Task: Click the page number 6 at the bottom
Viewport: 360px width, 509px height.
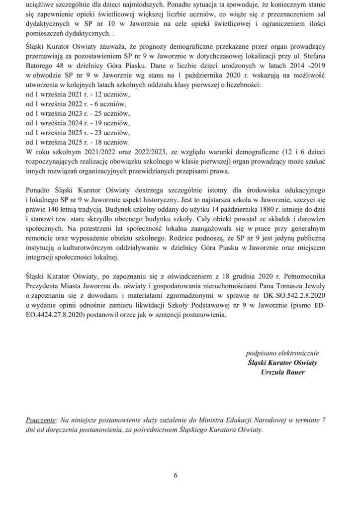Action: (x=176, y=475)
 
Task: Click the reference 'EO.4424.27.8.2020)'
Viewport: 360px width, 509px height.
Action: (x=54, y=314)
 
